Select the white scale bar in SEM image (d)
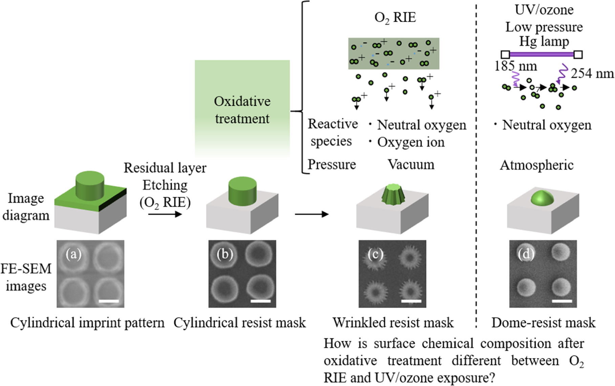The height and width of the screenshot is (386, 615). pyautogui.click(x=562, y=301)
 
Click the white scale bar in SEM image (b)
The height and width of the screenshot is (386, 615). pyautogui.click(x=260, y=301)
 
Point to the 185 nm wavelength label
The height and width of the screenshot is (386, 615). pyautogui.click(x=515, y=66)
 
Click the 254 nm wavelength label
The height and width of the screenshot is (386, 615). pyautogui.click(x=592, y=73)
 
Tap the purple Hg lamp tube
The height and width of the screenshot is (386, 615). pyautogui.click(x=542, y=54)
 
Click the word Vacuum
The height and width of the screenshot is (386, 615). pyautogui.click(x=411, y=165)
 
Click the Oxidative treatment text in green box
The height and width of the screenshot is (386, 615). pyautogui.click(x=242, y=110)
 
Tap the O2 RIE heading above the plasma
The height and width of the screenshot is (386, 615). pyautogui.click(x=395, y=18)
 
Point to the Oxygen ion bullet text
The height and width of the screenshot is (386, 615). pyautogui.click(x=410, y=142)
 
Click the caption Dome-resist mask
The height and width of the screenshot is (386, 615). pyautogui.click(x=543, y=323)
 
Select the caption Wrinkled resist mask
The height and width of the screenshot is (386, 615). pyautogui.click(x=393, y=323)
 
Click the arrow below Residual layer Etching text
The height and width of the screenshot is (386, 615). pyautogui.click(x=165, y=214)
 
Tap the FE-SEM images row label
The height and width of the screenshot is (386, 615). pyautogui.click(x=26, y=277)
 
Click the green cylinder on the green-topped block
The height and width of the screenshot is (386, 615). pyautogui.click(x=90, y=186)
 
